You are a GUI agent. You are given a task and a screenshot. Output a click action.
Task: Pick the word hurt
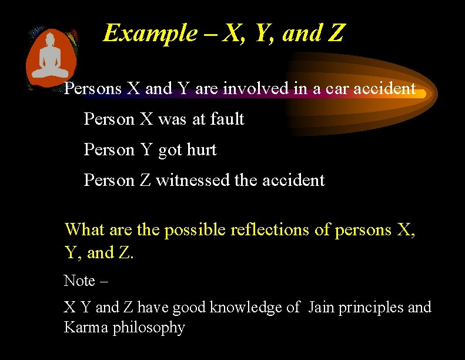click(x=202, y=150)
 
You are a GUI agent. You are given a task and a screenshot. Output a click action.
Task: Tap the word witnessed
click(x=192, y=180)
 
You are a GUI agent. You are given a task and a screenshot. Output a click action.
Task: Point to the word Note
click(x=79, y=281)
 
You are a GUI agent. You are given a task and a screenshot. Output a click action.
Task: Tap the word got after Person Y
click(x=170, y=151)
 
